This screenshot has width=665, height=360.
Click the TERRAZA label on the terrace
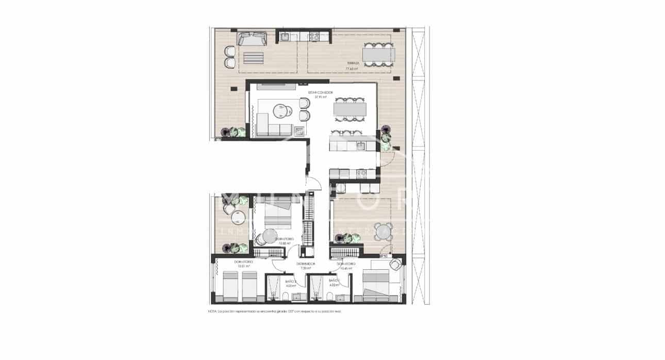pos(353,64)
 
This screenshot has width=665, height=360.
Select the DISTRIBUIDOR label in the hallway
pos(306,264)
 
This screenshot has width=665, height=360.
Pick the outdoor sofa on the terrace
pos(252,39)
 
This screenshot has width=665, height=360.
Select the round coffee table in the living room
pos(281,111)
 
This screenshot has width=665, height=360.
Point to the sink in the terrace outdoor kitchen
pos(284,37)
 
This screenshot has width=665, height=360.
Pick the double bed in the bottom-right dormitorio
pos(376,286)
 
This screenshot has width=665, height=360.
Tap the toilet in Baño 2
pos(285,296)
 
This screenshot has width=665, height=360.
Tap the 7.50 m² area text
pos(306,268)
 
